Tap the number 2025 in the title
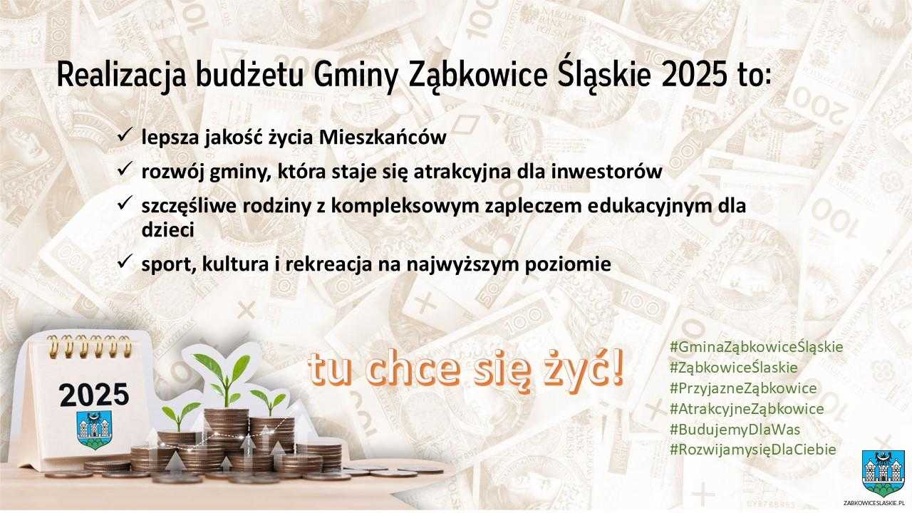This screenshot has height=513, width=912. coord(693,76)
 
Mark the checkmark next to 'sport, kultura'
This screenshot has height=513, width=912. coord(125,261)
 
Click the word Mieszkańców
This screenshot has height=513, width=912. coord(383,138)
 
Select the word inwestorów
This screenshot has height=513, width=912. coord(606,172)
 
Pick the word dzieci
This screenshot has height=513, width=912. coord(167,230)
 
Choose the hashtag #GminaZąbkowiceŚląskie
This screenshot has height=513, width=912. coord(756,347)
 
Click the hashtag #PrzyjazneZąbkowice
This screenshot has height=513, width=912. coord(743,388)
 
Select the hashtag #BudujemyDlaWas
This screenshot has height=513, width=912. coord(735,430)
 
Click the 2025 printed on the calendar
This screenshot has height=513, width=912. coord(93,395)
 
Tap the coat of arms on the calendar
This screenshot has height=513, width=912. coord(94,430)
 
